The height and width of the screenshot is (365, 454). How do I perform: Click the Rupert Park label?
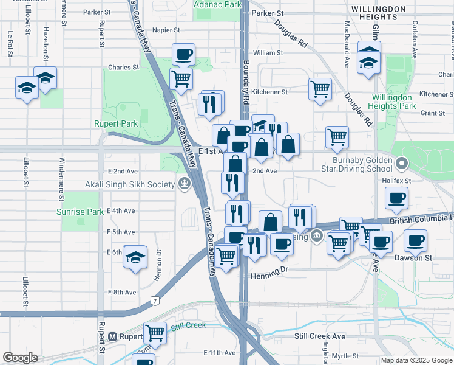(x=115, y=123)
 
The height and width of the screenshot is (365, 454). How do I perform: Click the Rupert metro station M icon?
(x=112, y=336)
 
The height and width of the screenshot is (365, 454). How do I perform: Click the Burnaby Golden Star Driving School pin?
(x=401, y=163)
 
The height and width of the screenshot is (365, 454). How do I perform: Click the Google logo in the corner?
(x=20, y=358)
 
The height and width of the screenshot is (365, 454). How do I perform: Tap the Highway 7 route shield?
(x=157, y=301)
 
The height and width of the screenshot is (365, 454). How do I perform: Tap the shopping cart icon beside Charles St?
(x=181, y=78)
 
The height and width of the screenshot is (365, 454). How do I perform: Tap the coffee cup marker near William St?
(x=183, y=55)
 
